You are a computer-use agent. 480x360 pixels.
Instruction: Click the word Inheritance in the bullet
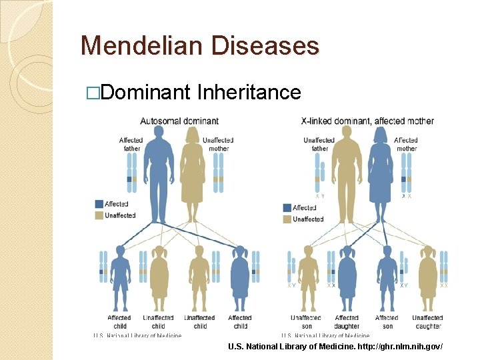tap(249, 92)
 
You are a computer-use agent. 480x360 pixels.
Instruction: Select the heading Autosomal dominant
tap(179, 121)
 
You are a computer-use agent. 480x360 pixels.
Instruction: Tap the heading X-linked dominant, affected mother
tap(367, 121)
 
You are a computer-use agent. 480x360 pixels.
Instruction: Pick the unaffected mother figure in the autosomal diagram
tap(192, 173)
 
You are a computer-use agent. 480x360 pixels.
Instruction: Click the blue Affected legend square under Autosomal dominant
tap(99, 204)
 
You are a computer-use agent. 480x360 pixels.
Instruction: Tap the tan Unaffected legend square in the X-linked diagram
tap(287, 219)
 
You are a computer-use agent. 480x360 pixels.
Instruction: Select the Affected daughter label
tap(347, 321)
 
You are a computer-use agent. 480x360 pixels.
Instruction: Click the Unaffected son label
tap(306, 321)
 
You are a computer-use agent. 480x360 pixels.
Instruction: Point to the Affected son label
tap(387, 321)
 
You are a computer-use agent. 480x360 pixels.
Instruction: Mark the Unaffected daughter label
tap(427, 321)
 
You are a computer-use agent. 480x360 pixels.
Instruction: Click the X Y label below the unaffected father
tap(321, 197)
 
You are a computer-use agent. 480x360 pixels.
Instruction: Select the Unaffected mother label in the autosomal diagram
tap(218, 144)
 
